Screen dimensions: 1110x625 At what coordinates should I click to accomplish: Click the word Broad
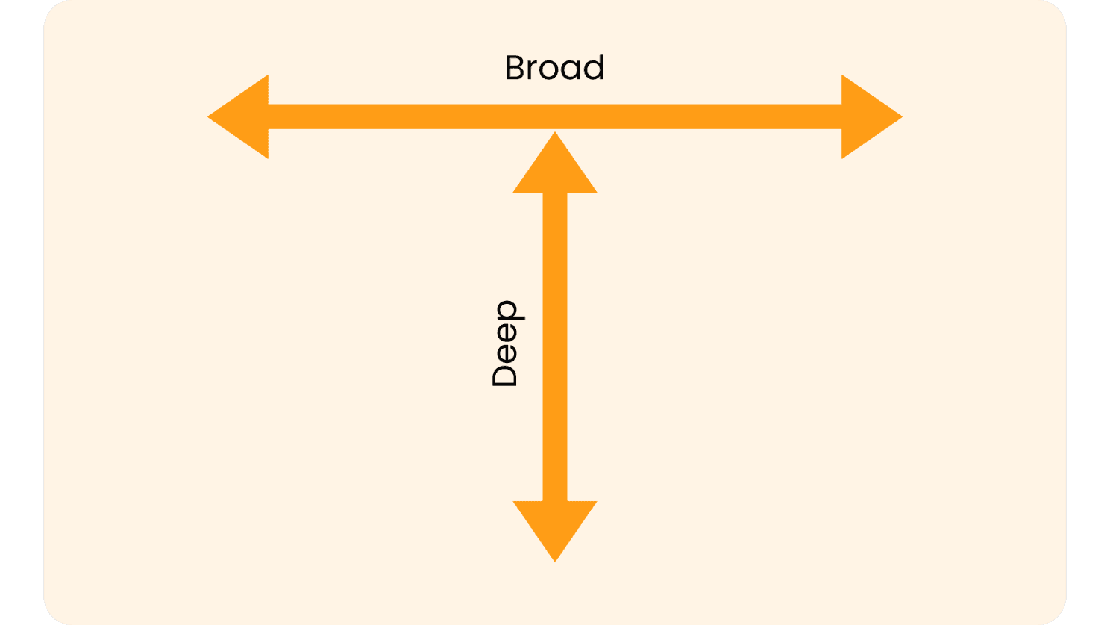tap(554, 67)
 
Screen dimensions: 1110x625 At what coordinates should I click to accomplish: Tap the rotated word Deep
tap(507, 343)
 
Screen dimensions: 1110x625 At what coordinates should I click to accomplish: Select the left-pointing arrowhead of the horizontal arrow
tap(238, 116)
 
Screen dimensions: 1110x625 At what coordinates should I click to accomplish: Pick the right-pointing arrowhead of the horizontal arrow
tap(872, 116)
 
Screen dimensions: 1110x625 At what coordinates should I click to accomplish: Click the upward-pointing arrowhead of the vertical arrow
tap(555, 163)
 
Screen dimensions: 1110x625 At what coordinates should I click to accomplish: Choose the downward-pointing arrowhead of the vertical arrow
tap(555, 531)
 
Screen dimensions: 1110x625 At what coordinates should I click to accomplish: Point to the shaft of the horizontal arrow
tap(555, 116)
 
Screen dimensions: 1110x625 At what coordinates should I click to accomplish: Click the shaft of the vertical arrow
tap(555, 346)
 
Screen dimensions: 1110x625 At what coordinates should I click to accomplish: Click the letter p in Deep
tap(510, 311)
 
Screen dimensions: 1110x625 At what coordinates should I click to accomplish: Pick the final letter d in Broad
tap(594, 67)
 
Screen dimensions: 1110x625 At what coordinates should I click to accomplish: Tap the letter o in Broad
tap(549, 71)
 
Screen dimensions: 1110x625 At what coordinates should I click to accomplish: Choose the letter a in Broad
tap(571, 71)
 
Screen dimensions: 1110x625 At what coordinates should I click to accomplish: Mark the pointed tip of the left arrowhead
tap(207, 117)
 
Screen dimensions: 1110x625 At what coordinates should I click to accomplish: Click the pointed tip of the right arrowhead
tap(903, 117)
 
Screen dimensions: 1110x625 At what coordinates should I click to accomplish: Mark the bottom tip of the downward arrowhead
tap(555, 562)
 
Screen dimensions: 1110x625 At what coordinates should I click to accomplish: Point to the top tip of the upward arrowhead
tap(555, 132)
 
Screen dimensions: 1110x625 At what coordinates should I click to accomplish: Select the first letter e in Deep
tap(507, 354)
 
